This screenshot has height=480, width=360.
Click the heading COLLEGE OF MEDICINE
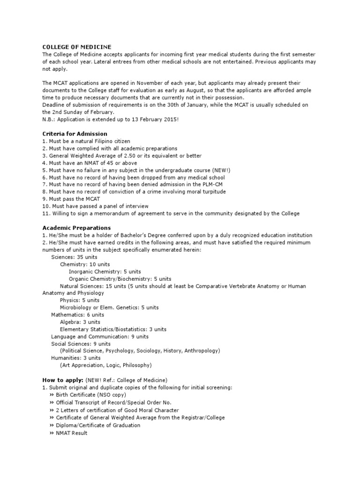tap(77, 47)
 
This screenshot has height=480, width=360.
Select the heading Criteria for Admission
tap(75, 134)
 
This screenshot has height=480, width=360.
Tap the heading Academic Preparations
tap(77, 228)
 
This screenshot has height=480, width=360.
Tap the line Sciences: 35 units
tap(74, 257)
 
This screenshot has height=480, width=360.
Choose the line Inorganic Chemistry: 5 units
tap(105, 271)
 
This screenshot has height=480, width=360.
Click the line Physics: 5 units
tap(80, 300)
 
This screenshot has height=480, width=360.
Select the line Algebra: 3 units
tap(80, 322)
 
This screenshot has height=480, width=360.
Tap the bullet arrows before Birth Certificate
tap(51, 395)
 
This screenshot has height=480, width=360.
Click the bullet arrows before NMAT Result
tap(51, 433)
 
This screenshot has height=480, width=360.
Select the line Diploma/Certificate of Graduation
tap(97, 425)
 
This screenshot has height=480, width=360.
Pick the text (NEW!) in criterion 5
tap(221, 170)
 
